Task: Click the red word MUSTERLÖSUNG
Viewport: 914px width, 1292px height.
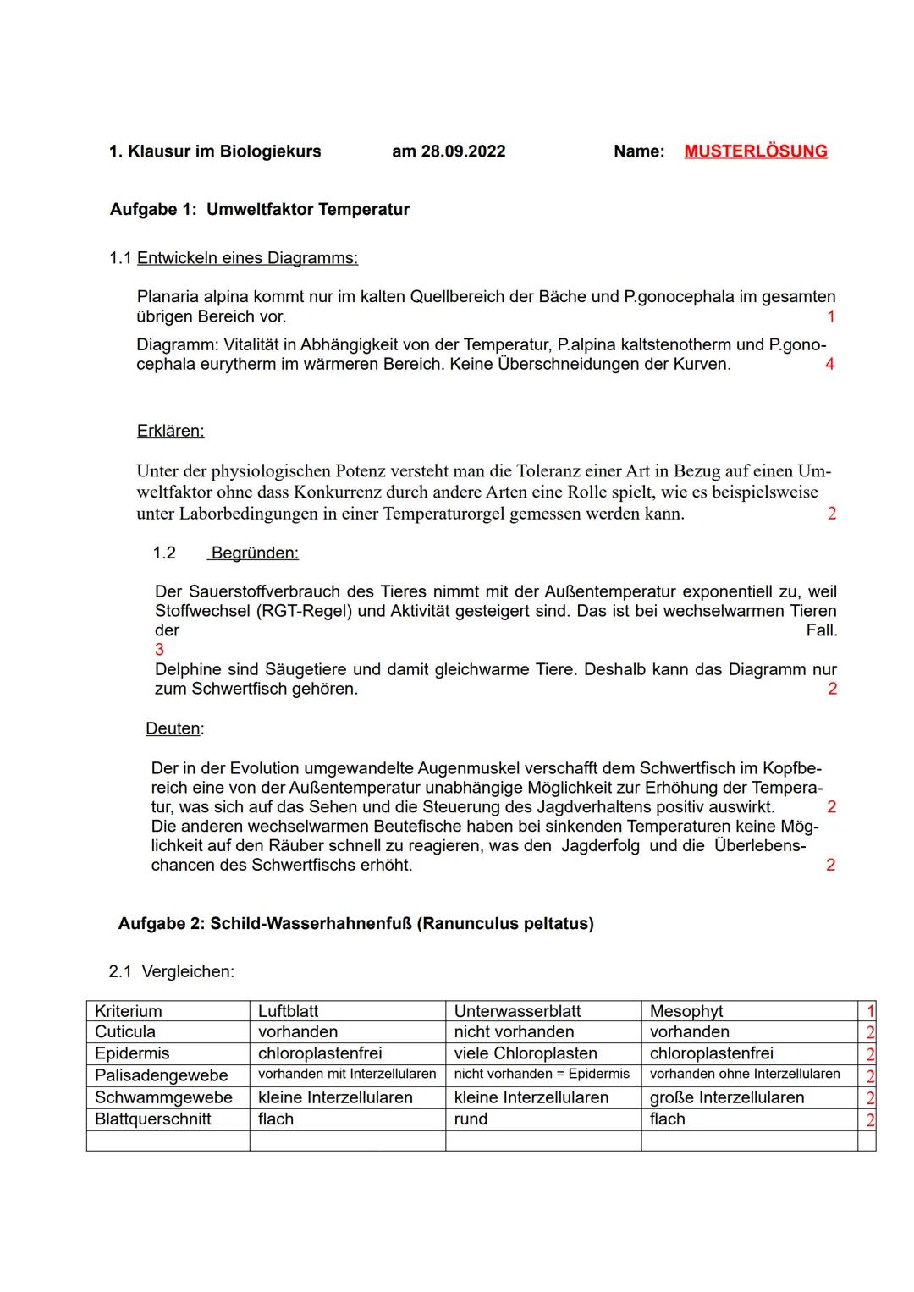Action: pyautogui.click(x=755, y=151)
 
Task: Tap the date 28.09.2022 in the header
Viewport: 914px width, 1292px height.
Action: pyautogui.click(x=463, y=151)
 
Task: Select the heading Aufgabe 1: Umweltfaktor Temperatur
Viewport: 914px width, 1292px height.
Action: pyautogui.click(x=260, y=210)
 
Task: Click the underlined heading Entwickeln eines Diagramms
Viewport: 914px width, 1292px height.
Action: pyautogui.click(x=247, y=258)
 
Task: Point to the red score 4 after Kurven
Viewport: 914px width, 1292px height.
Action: pyautogui.click(x=829, y=365)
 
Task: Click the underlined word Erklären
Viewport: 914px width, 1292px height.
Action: pyautogui.click(x=170, y=431)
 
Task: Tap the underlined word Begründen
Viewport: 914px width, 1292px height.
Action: pyautogui.click(x=254, y=553)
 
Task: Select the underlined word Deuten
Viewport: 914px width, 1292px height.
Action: pyautogui.click(x=173, y=728)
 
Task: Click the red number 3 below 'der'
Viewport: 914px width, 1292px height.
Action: pyautogui.click(x=159, y=650)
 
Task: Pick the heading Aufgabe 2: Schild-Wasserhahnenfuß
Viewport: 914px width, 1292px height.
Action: pyautogui.click(x=355, y=924)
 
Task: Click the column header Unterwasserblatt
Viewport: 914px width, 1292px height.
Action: pyautogui.click(x=517, y=1011)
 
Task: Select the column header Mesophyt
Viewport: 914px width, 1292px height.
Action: pyautogui.click(x=686, y=1011)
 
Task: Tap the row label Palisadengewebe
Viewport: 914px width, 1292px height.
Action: pyautogui.click(x=161, y=1075)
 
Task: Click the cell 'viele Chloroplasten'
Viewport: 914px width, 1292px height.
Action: pyautogui.click(x=526, y=1053)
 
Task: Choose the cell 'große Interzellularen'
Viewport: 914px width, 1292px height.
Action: pyautogui.click(x=727, y=1097)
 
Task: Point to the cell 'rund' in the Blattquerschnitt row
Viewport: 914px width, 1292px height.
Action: pyautogui.click(x=471, y=1119)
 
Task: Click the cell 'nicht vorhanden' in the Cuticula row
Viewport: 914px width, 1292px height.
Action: pyautogui.click(x=514, y=1032)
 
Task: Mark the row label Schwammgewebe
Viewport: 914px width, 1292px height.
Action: pyautogui.click(x=163, y=1097)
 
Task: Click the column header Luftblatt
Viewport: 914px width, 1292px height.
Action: pyautogui.click(x=288, y=1011)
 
